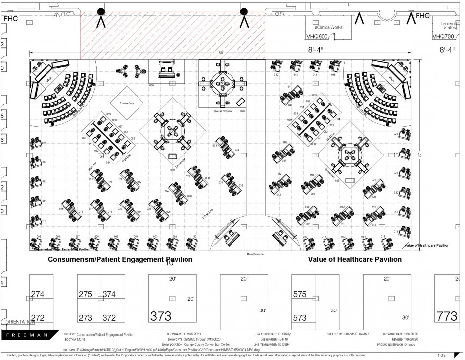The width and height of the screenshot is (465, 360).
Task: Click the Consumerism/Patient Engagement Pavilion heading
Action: (120, 259)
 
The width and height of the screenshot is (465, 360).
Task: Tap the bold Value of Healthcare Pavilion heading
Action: (354, 259)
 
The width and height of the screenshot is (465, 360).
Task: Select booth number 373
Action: (161, 316)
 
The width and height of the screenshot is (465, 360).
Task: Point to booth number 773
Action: (446, 316)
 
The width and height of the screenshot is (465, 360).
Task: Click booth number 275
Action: (85, 294)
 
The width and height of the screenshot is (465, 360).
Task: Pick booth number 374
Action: (109, 294)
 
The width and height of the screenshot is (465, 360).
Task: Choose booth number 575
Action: (300, 294)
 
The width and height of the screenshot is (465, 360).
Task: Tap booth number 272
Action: (38, 317)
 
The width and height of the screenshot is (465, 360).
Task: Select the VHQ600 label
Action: (316, 36)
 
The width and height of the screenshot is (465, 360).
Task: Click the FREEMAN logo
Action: (27, 335)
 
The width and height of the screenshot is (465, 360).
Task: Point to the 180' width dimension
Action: (220, 52)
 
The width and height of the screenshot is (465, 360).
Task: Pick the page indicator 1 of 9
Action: (442, 355)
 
